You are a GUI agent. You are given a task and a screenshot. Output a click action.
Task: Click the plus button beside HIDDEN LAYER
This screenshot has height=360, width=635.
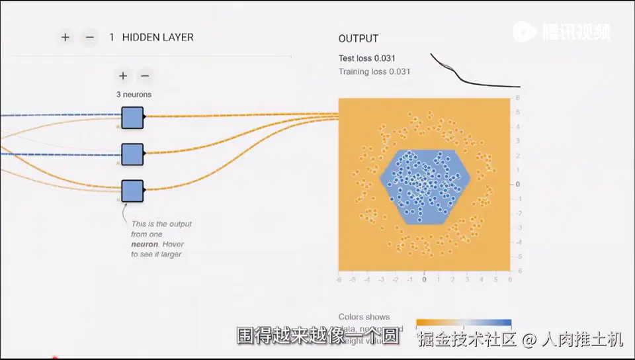[x=65, y=38]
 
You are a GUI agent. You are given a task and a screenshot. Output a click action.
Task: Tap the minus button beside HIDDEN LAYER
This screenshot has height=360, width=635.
[x=90, y=38]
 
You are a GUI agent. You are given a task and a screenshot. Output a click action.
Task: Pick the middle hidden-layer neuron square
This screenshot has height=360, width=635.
[x=132, y=154]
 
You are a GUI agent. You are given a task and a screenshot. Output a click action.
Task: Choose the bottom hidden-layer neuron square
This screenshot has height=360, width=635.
[x=132, y=191]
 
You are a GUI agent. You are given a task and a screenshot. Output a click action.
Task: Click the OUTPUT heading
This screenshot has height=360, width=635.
[x=358, y=39]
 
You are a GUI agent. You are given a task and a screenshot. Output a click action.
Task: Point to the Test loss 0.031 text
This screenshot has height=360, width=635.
[x=367, y=58]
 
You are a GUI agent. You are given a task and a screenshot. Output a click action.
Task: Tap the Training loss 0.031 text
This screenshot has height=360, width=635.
[x=374, y=71]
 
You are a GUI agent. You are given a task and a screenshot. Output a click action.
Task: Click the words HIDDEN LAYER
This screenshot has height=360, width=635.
[x=158, y=38]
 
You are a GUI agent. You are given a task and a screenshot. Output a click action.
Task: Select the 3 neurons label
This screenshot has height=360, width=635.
[x=134, y=95]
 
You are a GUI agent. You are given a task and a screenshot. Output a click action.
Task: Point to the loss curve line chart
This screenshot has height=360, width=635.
[x=475, y=73]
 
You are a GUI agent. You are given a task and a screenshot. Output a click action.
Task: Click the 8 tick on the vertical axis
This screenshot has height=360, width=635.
[x=518, y=98]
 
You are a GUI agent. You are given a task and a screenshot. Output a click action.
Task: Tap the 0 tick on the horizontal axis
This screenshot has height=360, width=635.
[x=424, y=280]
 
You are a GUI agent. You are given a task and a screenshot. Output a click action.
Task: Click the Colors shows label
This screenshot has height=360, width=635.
[x=364, y=317]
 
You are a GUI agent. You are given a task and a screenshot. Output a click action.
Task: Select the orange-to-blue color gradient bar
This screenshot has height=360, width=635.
[x=464, y=324]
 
